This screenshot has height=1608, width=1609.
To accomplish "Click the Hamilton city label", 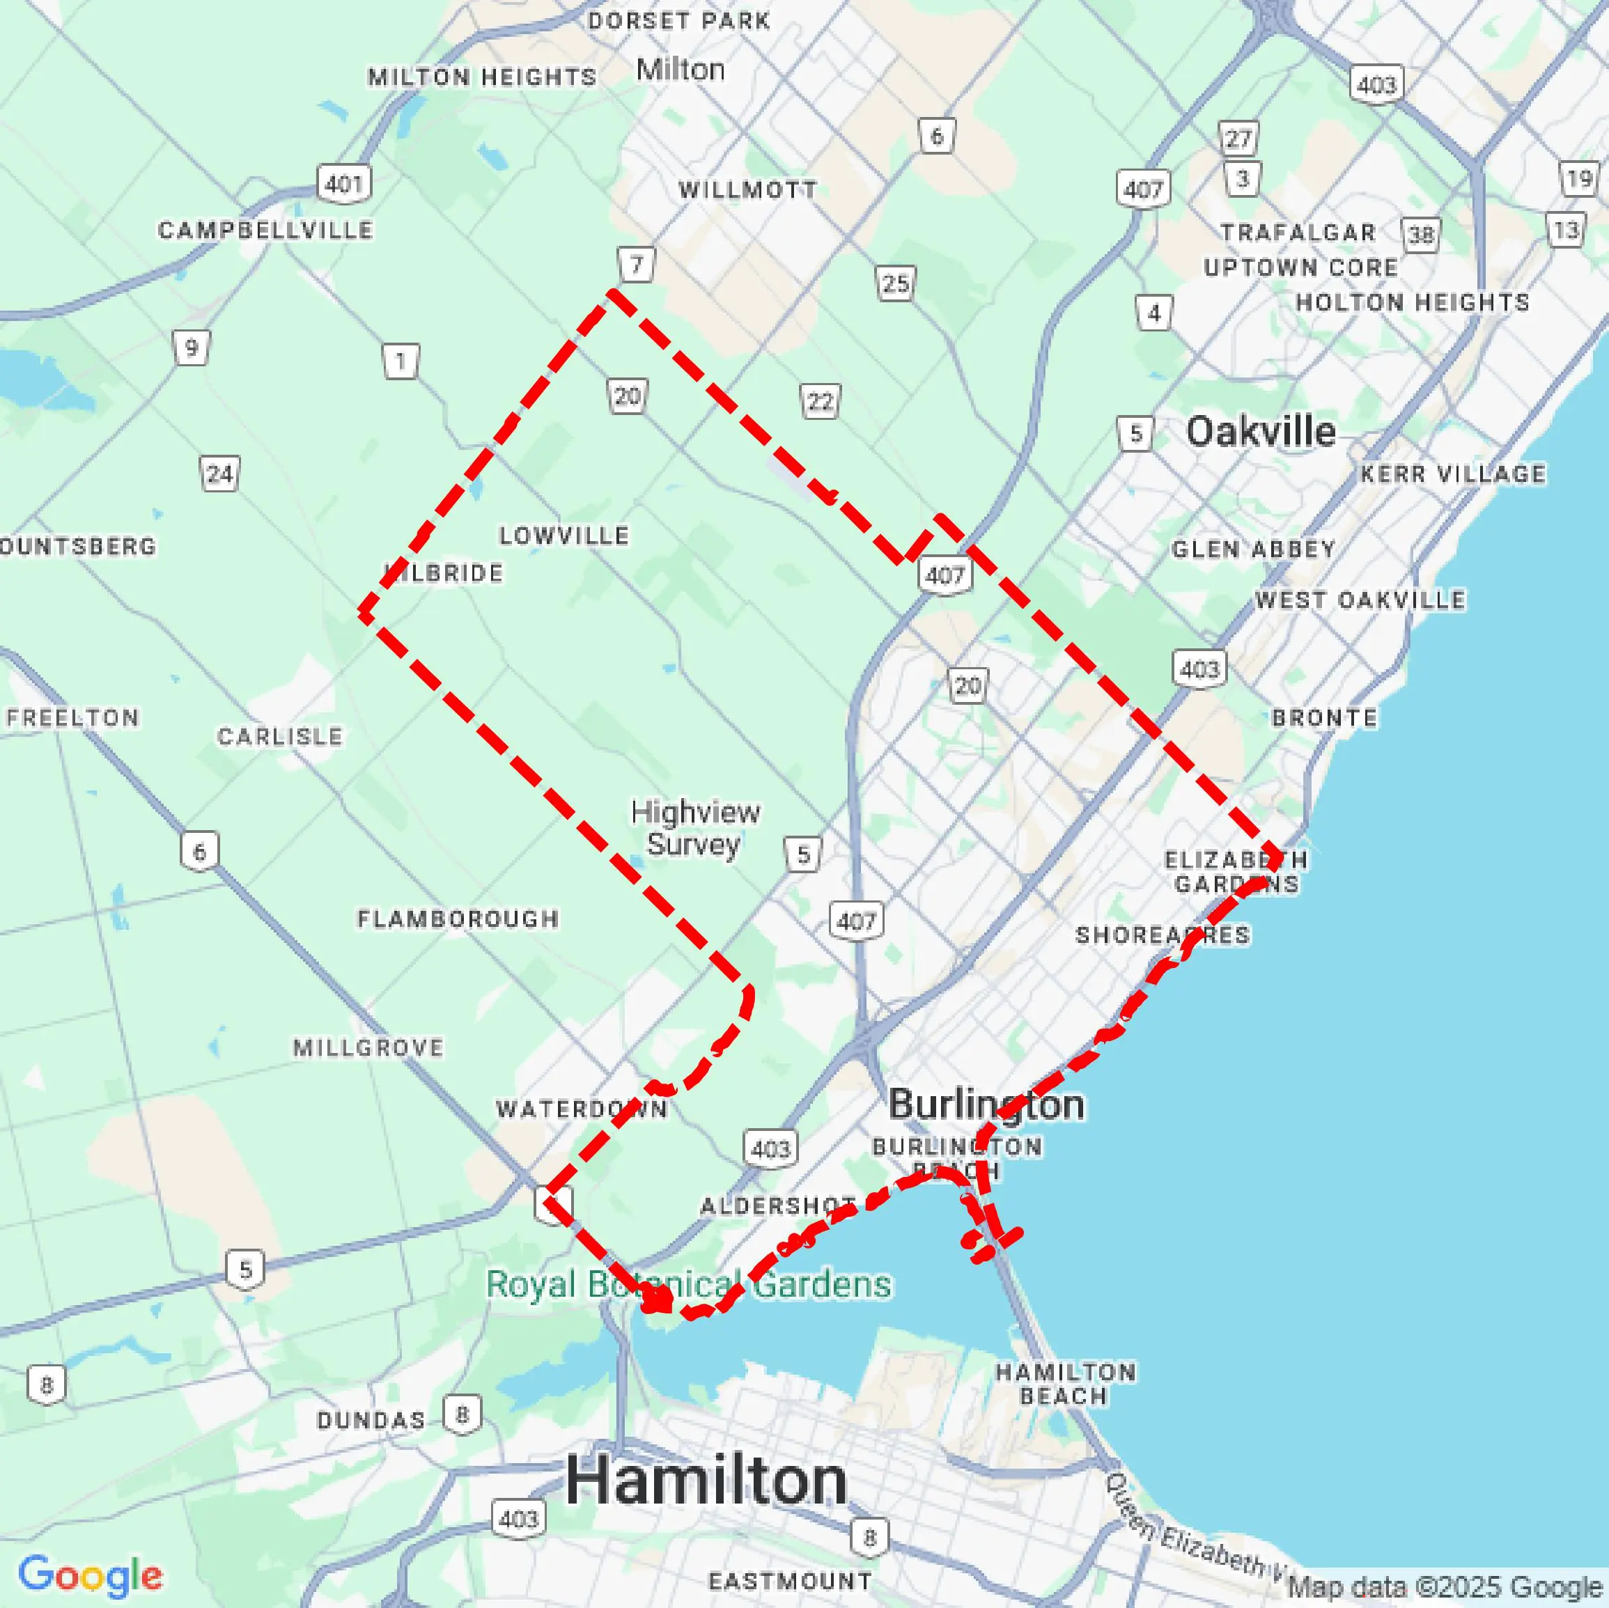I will click(706, 1481).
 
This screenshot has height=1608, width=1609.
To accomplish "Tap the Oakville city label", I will click(1260, 431).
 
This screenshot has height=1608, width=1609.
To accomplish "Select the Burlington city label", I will click(986, 1105).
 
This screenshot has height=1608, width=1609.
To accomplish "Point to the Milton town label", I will click(681, 69).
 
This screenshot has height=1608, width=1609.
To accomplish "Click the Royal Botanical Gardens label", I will click(688, 1284).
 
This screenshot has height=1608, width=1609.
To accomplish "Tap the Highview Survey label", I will click(694, 828).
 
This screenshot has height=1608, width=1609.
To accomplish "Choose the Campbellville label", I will click(265, 230).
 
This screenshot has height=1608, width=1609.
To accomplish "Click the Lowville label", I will click(563, 536).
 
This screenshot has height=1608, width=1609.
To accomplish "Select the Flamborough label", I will click(458, 919).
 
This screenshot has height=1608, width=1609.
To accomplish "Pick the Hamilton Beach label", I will click(1065, 1384).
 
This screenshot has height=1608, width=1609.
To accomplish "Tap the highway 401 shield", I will click(344, 183).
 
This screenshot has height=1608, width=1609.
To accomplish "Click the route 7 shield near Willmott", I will click(636, 265).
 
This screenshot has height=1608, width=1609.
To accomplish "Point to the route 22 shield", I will click(820, 403).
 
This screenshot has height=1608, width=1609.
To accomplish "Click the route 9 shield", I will click(192, 348).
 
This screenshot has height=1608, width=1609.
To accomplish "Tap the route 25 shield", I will click(895, 284).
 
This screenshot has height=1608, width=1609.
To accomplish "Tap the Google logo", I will click(90, 1575).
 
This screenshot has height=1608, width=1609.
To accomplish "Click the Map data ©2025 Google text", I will click(1445, 1586).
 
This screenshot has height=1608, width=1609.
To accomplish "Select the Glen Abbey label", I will click(1253, 549).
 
